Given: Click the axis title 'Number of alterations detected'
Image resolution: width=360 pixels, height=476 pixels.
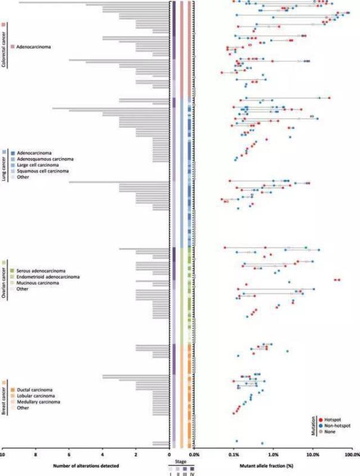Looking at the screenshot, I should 87,465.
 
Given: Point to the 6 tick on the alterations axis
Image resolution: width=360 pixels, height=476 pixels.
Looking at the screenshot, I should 69,455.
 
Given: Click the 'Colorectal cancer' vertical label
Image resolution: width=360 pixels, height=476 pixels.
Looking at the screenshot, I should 4,47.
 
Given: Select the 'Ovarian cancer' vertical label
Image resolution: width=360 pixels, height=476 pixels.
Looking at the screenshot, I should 4,280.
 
